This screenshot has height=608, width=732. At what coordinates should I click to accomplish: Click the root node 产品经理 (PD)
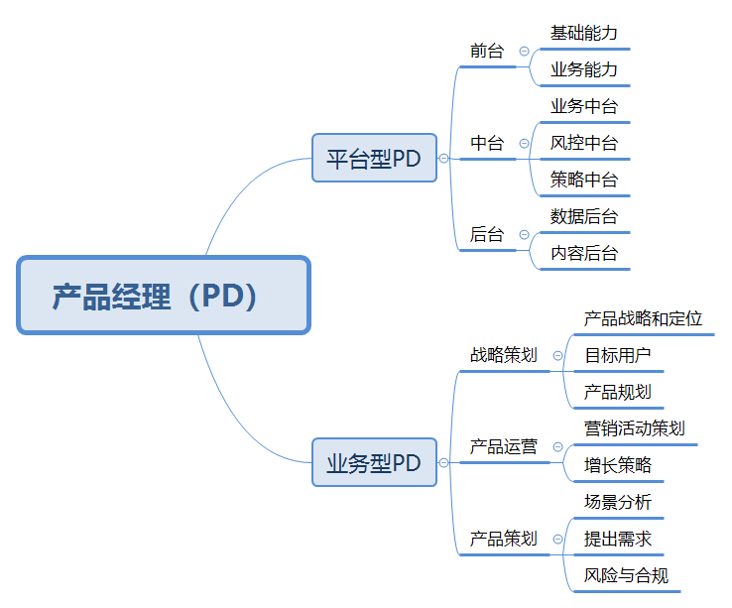click(164, 296)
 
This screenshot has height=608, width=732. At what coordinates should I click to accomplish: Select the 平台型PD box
click(374, 158)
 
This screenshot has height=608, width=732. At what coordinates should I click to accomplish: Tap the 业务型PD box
click(374, 462)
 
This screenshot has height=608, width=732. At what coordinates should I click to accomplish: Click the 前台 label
click(487, 51)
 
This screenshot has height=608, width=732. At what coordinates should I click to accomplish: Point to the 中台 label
click(487, 143)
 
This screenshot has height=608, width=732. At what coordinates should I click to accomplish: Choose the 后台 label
click(487, 234)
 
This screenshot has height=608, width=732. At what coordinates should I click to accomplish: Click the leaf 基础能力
click(584, 33)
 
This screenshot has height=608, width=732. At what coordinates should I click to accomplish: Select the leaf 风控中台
click(584, 143)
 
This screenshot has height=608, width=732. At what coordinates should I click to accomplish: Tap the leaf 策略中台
click(584, 180)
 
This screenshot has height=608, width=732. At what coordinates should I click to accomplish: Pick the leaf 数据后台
click(584, 216)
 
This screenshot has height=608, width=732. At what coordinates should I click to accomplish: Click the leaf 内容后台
click(584, 253)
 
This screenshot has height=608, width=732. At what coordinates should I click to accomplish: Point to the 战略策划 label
click(504, 355)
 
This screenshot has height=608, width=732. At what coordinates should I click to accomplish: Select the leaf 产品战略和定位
click(644, 318)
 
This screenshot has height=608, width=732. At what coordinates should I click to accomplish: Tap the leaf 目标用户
click(618, 355)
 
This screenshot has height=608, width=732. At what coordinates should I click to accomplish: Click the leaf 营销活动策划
click(635, 428)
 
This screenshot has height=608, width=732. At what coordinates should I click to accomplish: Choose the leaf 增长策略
click(618, 465)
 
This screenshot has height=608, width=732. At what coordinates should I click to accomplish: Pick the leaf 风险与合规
click(626, 575)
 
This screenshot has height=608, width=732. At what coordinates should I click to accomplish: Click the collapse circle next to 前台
click(525, 51)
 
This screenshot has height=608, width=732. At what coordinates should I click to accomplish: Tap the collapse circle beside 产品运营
click(557, 447)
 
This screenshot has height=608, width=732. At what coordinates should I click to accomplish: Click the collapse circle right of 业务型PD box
click(443, 463)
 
